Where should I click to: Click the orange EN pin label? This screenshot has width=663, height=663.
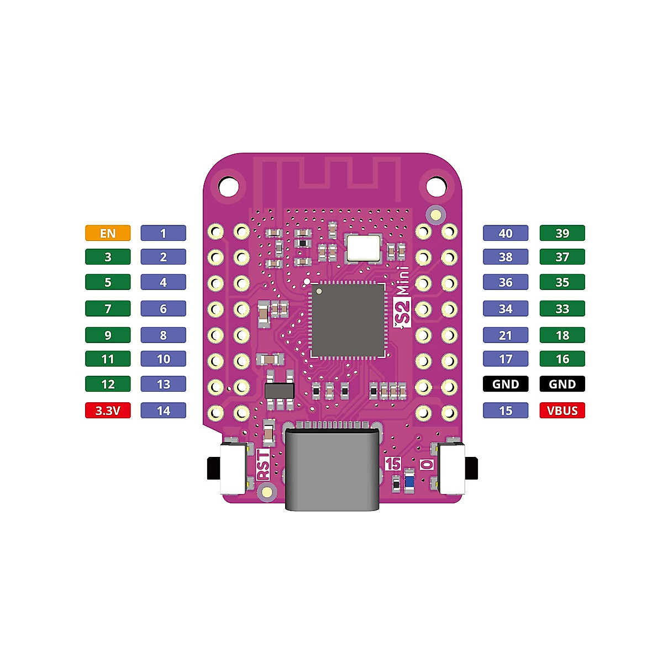click(108, 233)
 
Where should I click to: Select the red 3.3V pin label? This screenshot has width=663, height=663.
click(108, 411)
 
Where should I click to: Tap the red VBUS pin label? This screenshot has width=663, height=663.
click(562, 411)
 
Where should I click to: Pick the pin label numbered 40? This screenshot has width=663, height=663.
click(506, 233)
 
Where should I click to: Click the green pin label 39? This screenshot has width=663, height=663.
click(562, 233)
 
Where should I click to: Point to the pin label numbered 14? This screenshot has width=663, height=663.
click(163, 411)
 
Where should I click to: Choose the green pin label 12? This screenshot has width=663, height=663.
click(108, 384)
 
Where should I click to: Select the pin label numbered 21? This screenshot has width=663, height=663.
click(506, 335)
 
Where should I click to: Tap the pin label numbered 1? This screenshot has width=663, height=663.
click(163, 233)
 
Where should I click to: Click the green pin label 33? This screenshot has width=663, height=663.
click(562, 309)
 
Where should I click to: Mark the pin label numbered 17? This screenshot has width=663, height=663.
click(506, 359)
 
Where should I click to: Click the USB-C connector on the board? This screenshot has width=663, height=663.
click(333, 467)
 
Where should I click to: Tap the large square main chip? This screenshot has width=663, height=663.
click(348, 320)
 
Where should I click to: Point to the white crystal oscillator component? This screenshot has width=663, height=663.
click(363, 248)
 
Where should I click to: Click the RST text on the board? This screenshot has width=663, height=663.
click(264, 465)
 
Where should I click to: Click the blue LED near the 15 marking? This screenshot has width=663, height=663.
click(409, 481)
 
